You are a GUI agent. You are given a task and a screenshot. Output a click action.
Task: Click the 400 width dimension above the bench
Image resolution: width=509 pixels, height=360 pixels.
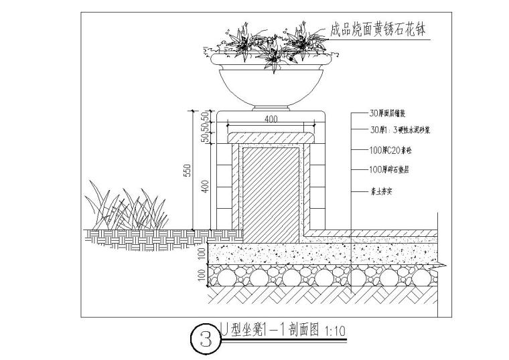tap(271, 119)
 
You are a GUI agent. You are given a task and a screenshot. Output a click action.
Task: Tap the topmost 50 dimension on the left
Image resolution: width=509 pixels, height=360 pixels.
tap(205, 115)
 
